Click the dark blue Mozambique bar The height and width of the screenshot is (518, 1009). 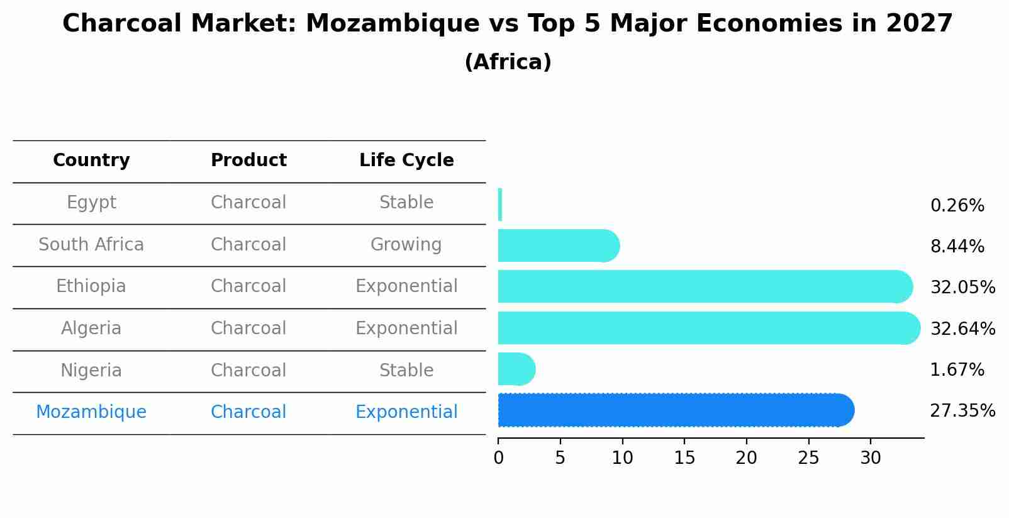(x=673, y=410)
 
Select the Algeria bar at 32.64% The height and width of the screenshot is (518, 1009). (x=705, y=328)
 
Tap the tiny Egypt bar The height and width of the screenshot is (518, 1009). (x=500, y=205)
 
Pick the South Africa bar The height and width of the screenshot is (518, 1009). (x=557, y=245)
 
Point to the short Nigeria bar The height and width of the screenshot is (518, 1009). (x=515, y=369)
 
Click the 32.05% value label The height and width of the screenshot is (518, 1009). (x=962, y=288)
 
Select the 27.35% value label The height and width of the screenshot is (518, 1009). (x=962, y=411)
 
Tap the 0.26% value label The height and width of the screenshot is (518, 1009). (x=957, y=206)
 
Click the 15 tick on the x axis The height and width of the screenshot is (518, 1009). (x=684, y=458)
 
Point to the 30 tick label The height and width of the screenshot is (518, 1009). (x=871, y=458)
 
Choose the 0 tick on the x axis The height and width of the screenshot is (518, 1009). (x=498, y=458)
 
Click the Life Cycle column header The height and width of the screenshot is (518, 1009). (x=406, y=160)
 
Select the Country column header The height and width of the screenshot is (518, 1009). (x=91, y=160)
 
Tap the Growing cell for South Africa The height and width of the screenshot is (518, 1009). (x=406, y=244)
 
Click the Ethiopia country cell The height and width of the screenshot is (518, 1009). (x=91, y=286)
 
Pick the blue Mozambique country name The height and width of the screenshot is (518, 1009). (x=91, y=412)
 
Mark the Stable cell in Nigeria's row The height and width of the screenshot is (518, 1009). (x=406, y=370)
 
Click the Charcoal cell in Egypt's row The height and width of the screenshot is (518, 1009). (x=248, y=203)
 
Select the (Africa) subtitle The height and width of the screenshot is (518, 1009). (x=508, y=62)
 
